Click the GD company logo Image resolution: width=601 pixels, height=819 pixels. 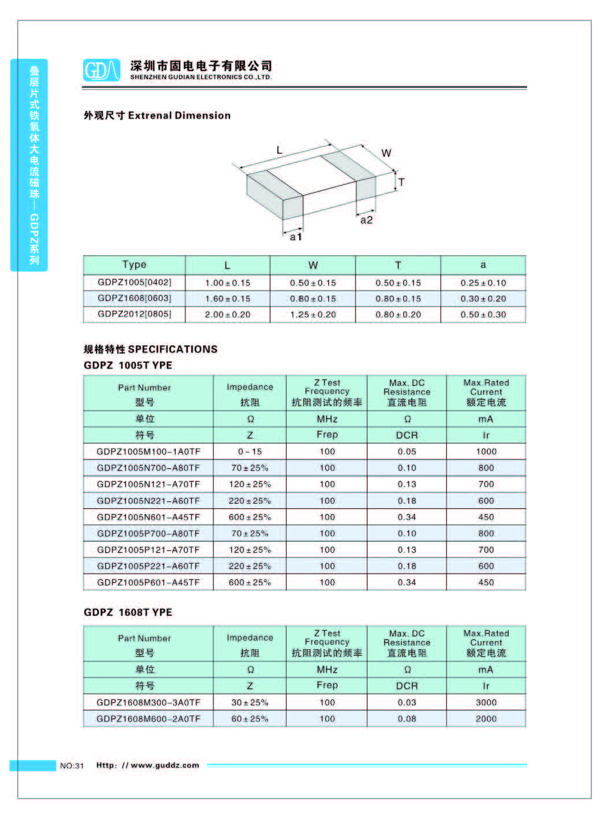102,70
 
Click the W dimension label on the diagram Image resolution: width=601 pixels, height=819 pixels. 386,153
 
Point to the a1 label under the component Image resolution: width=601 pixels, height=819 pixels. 295,237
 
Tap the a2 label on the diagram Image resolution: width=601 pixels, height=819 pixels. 366,220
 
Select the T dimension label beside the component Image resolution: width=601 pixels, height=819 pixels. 402,183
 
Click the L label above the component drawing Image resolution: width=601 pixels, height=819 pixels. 279,150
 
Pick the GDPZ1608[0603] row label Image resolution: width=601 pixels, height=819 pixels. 135,299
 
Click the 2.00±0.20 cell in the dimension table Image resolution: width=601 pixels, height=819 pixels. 228,315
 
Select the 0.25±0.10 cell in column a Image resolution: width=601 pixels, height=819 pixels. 483,283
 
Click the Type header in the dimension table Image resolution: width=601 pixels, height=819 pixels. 134,265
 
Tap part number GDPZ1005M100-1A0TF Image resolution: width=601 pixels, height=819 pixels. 149,452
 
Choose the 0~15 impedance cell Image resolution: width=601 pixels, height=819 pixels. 250,452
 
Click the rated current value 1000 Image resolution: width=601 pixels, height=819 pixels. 486,452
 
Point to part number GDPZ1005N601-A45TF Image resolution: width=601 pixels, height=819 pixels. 149,518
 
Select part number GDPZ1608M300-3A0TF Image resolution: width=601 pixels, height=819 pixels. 149,703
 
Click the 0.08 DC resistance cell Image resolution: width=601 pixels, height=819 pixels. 407,719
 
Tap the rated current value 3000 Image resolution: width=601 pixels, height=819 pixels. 486,703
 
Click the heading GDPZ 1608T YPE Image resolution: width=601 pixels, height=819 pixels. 128,612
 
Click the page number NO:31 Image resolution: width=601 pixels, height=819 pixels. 72,766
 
